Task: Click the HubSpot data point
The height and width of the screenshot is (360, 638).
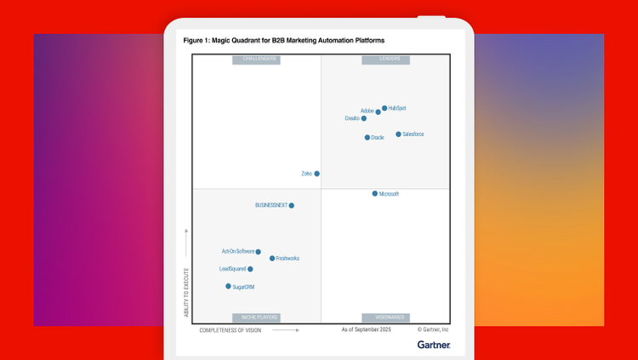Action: pos(385,108)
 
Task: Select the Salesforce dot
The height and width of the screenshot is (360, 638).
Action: pos(398,134)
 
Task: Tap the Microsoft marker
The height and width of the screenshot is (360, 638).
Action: pos(374,194)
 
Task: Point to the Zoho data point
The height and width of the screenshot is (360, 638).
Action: pos(317,174)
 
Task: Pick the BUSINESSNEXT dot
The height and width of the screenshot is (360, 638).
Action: pos(292,205)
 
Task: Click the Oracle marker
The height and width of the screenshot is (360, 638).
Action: pos(367,137)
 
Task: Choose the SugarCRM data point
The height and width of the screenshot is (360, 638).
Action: pos(228,287)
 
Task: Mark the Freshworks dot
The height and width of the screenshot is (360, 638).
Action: pos(272,259)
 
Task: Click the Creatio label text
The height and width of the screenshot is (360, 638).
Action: pos(352,118)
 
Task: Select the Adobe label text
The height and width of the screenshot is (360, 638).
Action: pos(367,111)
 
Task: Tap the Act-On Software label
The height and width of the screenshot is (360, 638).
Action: pos(238,252)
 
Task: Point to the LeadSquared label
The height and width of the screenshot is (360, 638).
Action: pos(232,269)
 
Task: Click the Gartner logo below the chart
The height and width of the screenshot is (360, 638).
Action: pos(434,345)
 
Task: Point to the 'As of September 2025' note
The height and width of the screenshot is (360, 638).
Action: pos(366,329)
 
